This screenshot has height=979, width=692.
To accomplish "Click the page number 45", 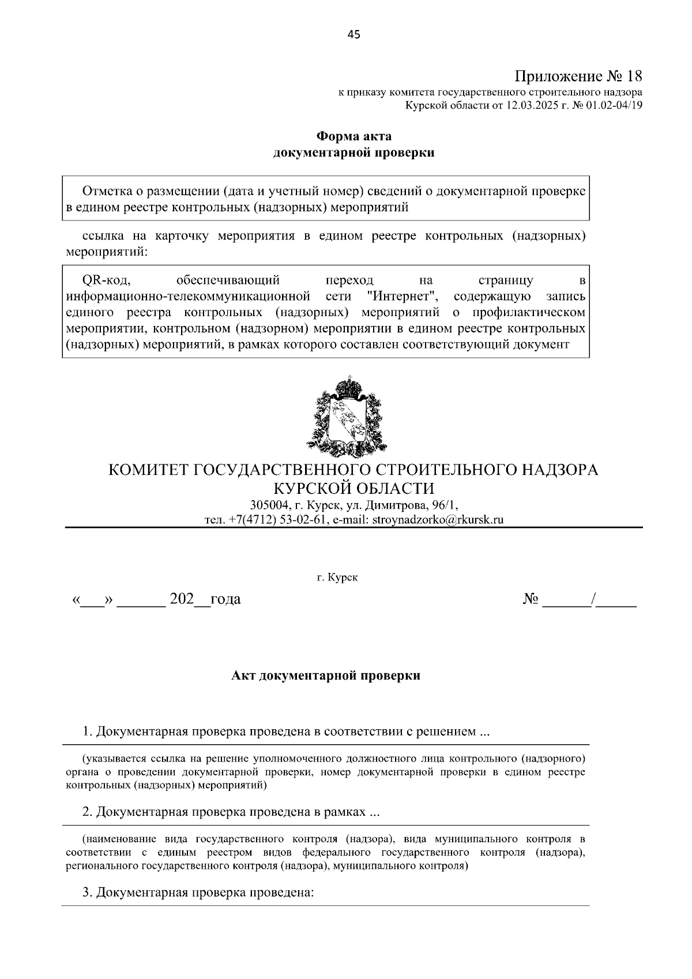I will click(353, 35).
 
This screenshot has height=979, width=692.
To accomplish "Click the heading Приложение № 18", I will click(578, 76).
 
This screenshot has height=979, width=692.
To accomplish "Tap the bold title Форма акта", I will click(353, 137).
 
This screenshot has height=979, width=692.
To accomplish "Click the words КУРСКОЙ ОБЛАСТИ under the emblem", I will click(353, 488).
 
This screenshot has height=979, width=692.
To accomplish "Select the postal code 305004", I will click(270, 505).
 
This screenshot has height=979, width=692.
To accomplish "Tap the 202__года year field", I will click(205, 599).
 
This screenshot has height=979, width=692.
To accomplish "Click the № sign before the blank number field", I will click(531, 599).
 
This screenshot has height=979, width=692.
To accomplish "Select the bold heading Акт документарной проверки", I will click(326, 676).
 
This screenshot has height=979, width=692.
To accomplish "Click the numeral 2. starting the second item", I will click(87, 812).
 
